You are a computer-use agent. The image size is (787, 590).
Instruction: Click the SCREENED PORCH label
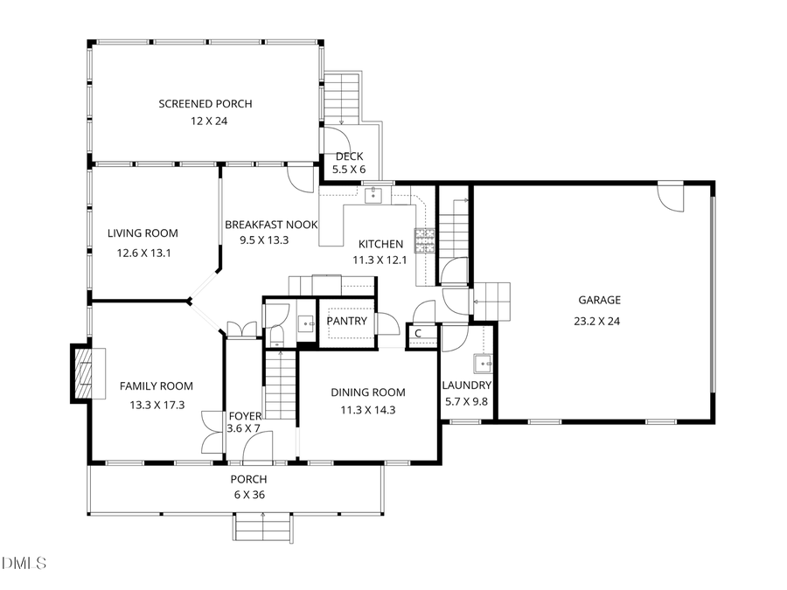tap(205, 104)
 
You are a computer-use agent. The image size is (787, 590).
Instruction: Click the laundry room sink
tap(481, 364)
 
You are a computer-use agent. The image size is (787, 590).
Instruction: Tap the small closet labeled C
tap(419, 333)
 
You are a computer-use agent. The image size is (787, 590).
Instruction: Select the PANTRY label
tap(346, 321)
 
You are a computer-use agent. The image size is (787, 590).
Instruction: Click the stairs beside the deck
tap(343, 97)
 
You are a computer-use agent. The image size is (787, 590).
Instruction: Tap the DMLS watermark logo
tap(24, 562)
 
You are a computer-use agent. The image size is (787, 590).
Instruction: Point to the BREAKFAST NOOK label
tap(270, 225)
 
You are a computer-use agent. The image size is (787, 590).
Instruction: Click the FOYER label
tap(244, 416)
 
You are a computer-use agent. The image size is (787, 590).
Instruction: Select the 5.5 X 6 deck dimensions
tap(349, 170)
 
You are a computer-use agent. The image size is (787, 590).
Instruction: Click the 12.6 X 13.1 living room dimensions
tap(143, 253)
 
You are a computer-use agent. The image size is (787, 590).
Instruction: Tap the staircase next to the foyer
tap(281, 385)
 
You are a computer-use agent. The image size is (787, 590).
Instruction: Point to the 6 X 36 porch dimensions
tap(248, 494)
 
